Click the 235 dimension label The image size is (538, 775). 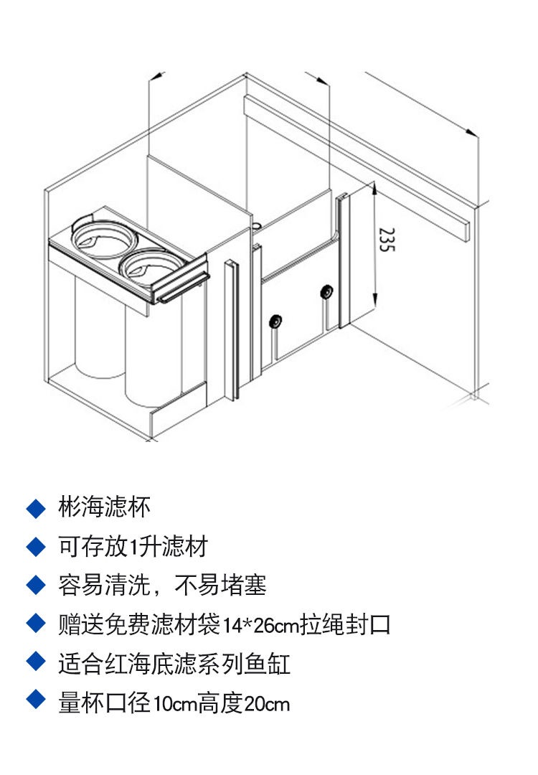click(387, 240)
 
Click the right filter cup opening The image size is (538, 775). click(147, 263)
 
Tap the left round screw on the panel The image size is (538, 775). click(274, 321)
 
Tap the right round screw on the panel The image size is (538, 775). click(326, 292)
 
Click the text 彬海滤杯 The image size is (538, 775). click(105, 508)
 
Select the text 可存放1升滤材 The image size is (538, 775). click(133, 547)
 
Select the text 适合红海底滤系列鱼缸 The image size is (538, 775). click(174, 664)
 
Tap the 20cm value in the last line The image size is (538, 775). click(267, 703)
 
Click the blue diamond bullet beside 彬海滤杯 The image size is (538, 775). click(35, 509)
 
